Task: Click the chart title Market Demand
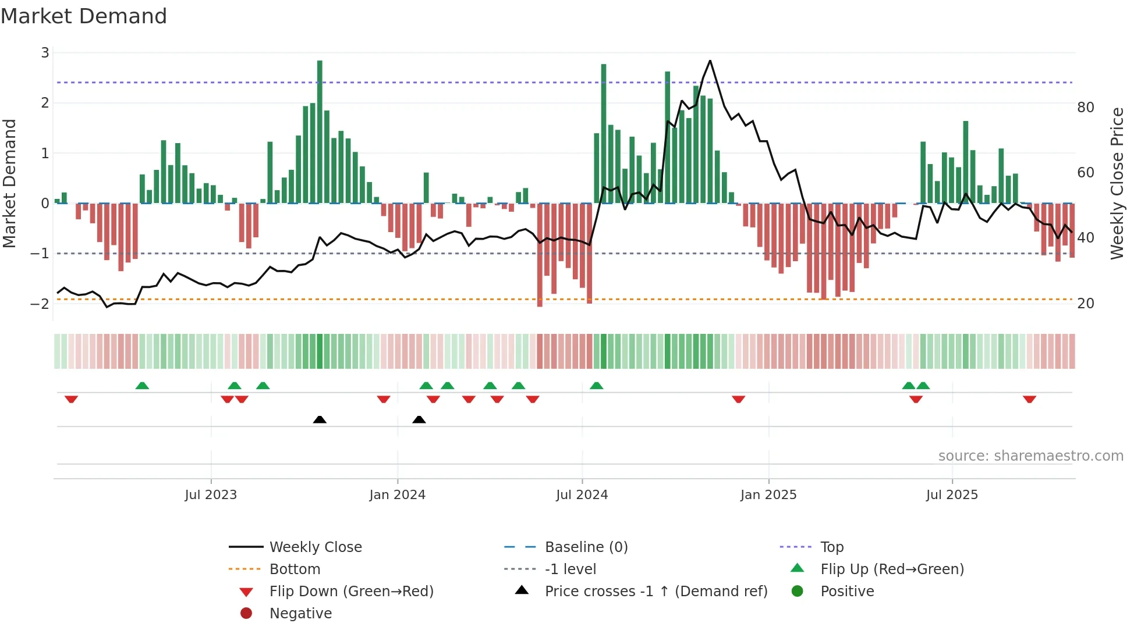click(84, 16)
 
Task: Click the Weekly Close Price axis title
click(1117, 183)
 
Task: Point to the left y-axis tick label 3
click(45, 53)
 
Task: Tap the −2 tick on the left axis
click(40, 304)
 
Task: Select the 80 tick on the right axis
click(1086, 108)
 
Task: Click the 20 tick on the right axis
click(1086, 304)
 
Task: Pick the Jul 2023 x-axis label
click(211, 495)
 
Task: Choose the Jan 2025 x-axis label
click(768, 495)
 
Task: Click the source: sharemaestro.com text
click(1030, 456)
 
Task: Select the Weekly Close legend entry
click(316, 547)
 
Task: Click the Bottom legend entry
click(295, 569)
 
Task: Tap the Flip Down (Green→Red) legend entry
click(351, 592)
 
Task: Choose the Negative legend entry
click(300, 614)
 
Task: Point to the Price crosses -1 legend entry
click(655, 592)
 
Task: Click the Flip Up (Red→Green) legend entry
click(892, 569)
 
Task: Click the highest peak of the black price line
click(710, 60)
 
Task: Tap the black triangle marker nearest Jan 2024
click(419, 419)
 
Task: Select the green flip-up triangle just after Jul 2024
click(596, 386)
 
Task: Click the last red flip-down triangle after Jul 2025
click(1029, 399)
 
